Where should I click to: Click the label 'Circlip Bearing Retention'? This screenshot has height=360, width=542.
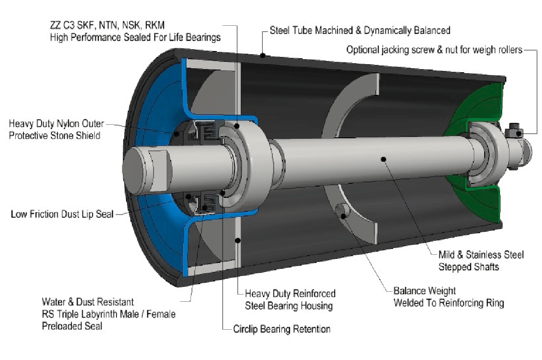coord(281,329)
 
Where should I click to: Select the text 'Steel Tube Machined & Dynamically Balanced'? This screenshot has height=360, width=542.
coord(360,31)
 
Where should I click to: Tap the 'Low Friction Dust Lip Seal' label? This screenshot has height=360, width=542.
coord(62,214)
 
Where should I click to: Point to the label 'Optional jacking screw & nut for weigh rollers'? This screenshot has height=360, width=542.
coord(434,49)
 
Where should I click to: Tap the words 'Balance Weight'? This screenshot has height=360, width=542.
coord(425,291)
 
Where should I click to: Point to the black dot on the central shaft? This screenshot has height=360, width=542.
coord(383,159)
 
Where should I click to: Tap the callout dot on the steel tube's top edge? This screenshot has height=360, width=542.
coord(263,56)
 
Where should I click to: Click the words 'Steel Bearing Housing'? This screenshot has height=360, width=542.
coord(289,305)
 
